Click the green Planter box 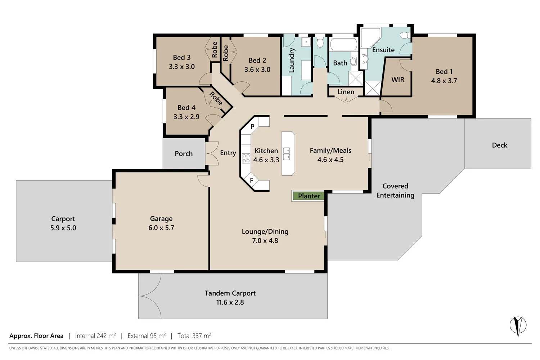click(x=309, y=196)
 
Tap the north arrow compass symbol click(x=518, y=325)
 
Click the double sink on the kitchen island click(x=287, y=154)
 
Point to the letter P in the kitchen click(x=252, y=127)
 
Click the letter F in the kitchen click(x=252, y=180)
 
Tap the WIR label click(x=398, y=80)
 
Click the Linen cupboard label click(x=346, y=92)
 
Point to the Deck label click(x=499, y=145)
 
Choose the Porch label click(x=184, y=154)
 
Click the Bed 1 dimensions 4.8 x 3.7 click(x=444, y=81)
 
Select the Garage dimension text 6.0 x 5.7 click(x=161, y=228)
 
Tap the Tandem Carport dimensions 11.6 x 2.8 click(x=230, y=302)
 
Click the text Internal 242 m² click(x=95, y=336)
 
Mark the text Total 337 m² click(x=194, y=336)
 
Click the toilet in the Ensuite click(x=405, y=35)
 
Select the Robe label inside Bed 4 click(x=216, y=98)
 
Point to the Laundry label click(x=292, y=60)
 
